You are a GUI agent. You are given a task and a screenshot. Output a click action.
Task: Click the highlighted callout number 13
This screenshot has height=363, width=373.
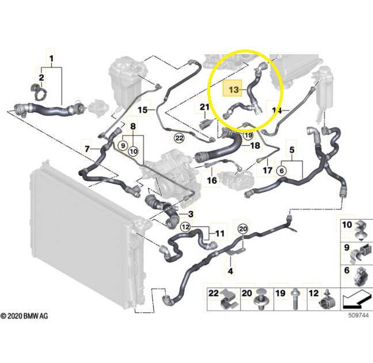pyautogui.click(x=234, y=89)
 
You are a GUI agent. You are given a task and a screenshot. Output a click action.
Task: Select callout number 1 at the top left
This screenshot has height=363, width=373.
pyautogui.click(x=51, y=58)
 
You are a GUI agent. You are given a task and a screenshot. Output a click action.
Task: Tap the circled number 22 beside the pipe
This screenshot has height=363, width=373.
pyautogui.click(x=179, y=138)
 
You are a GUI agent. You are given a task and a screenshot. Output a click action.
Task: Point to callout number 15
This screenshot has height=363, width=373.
pyautogui.click(x=143, y=110)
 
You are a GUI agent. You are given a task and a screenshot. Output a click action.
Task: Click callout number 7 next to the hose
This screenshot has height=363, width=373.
pyautogui.click(x=87, y=149)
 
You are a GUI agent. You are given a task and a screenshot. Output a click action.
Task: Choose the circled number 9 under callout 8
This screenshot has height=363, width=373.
pyautogui.click(x=123, y=145)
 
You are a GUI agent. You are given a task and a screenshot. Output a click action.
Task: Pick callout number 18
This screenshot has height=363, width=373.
pyautogui.click(x=255, y=145)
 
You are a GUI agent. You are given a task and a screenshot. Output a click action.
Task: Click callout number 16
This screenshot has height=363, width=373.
pyautogui.click(x=212, y=180)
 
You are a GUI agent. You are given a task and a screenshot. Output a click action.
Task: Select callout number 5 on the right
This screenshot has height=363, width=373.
pyautogui.click(x=292, y=150)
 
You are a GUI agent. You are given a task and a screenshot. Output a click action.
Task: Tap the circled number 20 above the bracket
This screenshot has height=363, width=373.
pyautogui.click(x=243, y=229)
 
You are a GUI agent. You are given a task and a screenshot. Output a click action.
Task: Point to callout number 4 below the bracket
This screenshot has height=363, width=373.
pyautogui.click(x=230, y=271)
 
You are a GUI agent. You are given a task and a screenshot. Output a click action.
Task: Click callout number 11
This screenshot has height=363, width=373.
pyautogui.click(x=220, y=233)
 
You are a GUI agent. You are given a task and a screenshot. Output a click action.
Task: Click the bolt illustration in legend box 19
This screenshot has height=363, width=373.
pyautogui.click(x=295, y=299)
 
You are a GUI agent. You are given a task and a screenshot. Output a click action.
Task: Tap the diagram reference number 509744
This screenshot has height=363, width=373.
pyautogui.click(x=359, y=315)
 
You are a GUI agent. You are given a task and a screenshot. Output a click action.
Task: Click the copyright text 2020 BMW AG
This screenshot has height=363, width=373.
pyautogui.click(x=24, y=316)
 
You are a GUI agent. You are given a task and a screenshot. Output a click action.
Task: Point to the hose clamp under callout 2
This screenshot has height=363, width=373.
pyautogui.click(x=39, y=93)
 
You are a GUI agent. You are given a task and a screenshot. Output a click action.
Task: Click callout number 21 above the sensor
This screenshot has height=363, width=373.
pyautogui.click(x=204, y=107)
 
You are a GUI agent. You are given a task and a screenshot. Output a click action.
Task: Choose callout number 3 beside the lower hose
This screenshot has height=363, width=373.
pyautogui.click(x=191, y=214)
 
